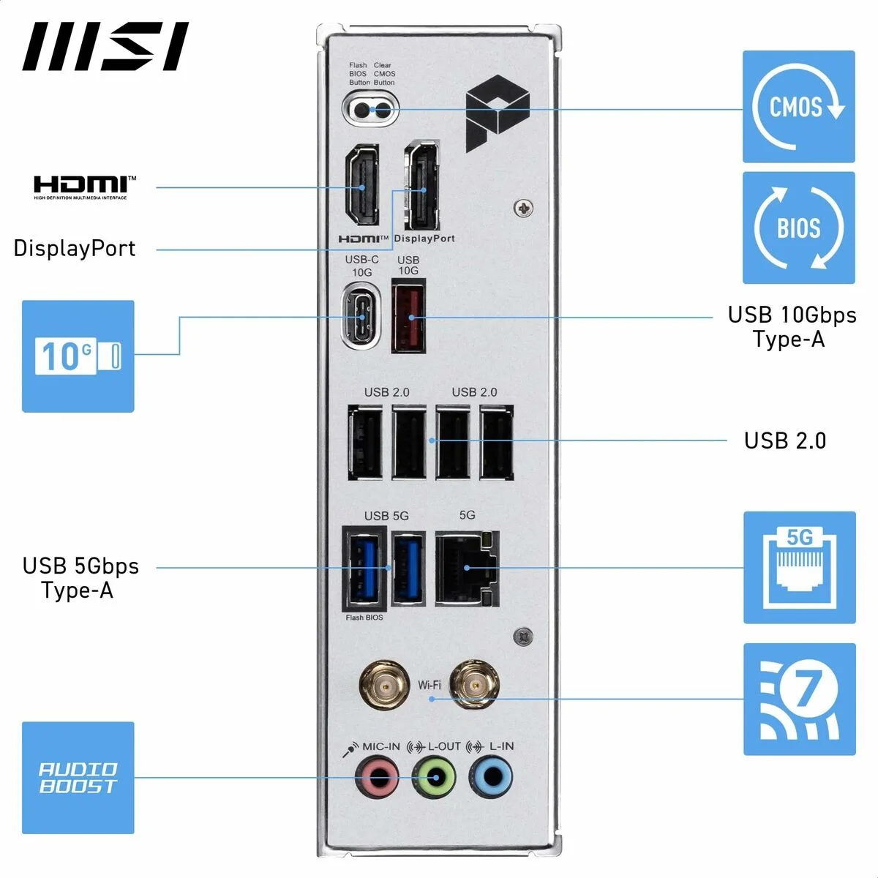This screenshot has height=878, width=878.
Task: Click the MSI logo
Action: (105, 47)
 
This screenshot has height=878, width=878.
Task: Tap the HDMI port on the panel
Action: (362, 184)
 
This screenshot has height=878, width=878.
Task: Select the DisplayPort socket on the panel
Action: (423, 185)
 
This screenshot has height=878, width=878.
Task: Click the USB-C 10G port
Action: (361, 318)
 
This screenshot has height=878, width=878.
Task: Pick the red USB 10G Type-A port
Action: (409, 318)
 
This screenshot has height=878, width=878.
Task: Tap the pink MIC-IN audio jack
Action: (377, 777)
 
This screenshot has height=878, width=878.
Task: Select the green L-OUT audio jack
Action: (435, 777)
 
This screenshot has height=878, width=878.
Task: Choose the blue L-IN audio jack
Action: (491, 777)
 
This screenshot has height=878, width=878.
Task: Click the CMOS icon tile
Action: (798, 107)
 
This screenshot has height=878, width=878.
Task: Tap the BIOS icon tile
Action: (798, 228)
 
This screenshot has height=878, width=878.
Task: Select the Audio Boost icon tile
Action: (78, 778)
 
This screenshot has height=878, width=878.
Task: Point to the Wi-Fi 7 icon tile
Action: (799, 699)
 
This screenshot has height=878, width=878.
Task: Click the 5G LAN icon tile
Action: (799, 568)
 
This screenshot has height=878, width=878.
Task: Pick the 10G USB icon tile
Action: (78, 356)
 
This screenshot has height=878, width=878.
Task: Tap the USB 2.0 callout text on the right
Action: (784, 440)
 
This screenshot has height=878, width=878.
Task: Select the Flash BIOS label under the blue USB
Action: (364, 618)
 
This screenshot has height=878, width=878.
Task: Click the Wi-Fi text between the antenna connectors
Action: (429, 686)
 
